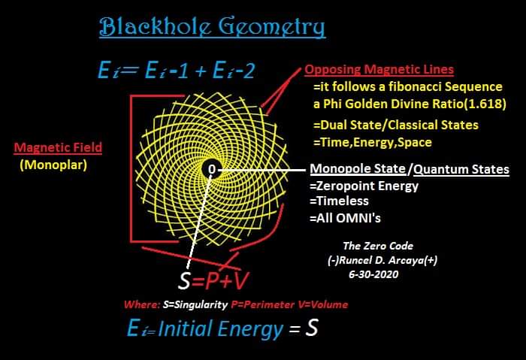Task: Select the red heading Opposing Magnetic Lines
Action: pos(379,70)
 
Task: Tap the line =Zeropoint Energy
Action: pos(365,186)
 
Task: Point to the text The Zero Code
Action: pos(378,246)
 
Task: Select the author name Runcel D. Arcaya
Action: pos(383,260)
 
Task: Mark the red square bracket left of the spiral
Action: pos(135,169)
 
